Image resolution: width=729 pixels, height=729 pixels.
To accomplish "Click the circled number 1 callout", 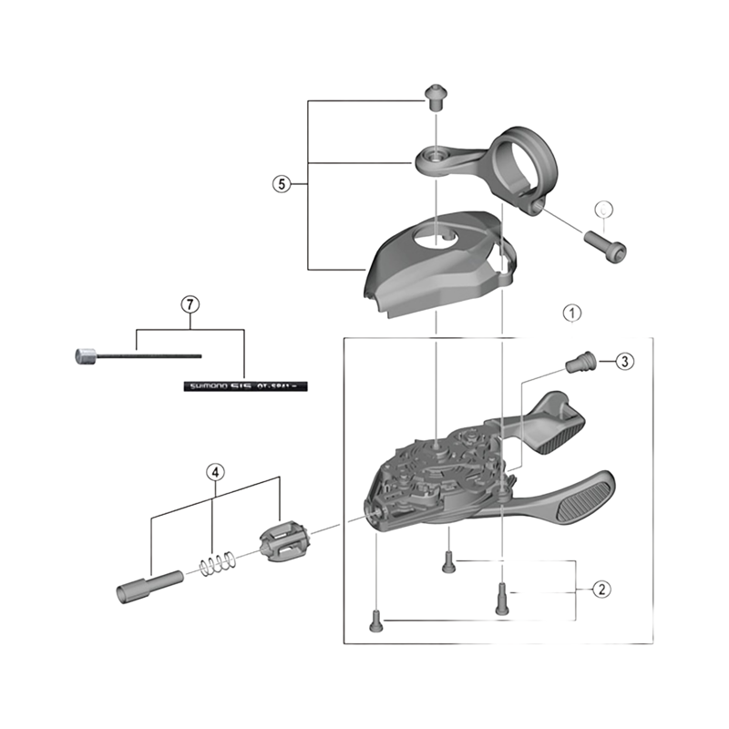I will pyautogui.click(x=571, y=313).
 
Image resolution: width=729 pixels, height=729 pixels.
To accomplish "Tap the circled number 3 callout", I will pyautogui.click(x=622, y=362).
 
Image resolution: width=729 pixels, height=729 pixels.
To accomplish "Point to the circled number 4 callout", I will pyautogui.click(x=214, y=472).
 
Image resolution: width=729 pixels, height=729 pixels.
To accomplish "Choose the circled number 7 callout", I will pyautogui.click(x=190, y=304).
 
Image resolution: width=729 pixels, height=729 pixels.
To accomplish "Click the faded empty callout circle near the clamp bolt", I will pyautogui.click(x=602, y=208).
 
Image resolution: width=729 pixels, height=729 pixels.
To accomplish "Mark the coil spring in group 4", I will pyautogui.click(x=215, y=565).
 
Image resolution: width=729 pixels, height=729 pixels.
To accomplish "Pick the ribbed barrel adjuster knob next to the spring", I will pyautogui.click(x=284, y=543).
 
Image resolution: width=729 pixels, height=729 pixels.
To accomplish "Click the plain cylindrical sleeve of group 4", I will pyautogui.click(x=145, y=584).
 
